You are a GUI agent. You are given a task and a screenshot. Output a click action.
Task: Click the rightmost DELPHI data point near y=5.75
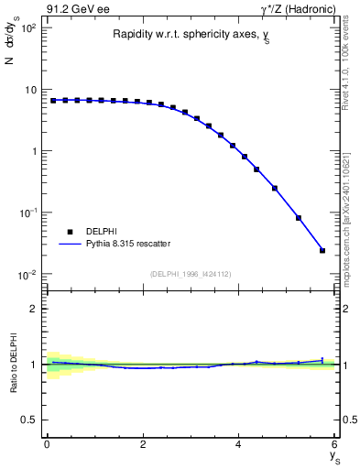[322, 250]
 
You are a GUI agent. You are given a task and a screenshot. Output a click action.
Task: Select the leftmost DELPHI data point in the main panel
[53, 101]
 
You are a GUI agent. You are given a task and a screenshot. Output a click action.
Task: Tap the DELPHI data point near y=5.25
[299, 218]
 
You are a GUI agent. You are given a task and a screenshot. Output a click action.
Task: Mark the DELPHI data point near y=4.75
[275, 188]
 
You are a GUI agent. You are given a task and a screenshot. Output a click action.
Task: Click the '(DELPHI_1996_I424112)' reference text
[190, 272]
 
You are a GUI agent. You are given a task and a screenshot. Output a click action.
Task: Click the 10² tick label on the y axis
[28, 27]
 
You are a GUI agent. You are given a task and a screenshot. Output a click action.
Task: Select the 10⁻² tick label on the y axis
[28, 274]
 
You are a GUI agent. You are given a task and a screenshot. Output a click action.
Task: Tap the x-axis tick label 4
[238, 444]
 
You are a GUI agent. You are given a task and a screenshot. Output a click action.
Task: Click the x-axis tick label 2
[142, 444]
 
